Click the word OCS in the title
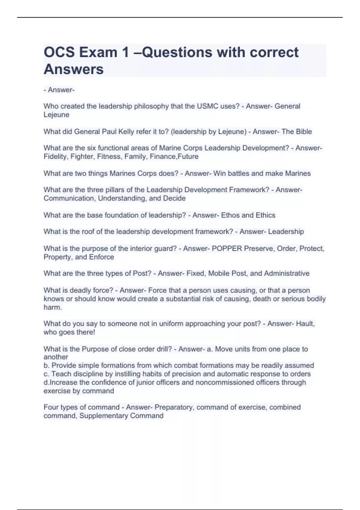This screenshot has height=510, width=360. pos(59,52)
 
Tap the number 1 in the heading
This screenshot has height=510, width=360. pos(125,52)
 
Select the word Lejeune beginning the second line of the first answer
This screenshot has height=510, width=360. pos(56,115)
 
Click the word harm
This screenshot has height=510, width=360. pos(52,307)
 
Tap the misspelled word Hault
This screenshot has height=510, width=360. pos(305,324)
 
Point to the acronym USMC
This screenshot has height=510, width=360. pos(208,106)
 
